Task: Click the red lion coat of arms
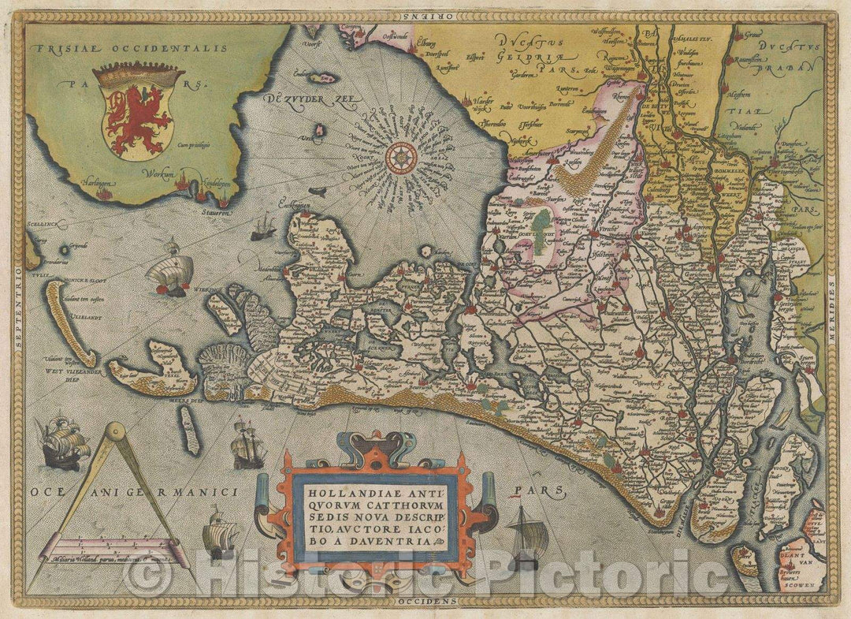point(138,114)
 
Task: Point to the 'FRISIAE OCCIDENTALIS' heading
point(131,49)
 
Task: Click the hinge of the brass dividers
point(115,431)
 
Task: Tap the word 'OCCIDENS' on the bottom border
point(426,602)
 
